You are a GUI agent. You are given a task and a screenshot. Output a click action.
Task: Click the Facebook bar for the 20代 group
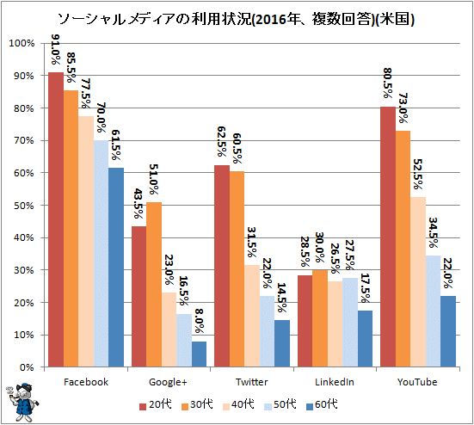(x=56, y=219)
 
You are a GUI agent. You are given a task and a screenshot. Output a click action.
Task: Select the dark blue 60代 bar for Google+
(x=199, y=354)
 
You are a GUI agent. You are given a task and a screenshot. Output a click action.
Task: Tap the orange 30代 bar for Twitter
(x=237, y=269)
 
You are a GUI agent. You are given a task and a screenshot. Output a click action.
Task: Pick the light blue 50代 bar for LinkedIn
(x=350, y=323)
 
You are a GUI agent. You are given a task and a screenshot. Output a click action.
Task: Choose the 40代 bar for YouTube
(x=418, y=282)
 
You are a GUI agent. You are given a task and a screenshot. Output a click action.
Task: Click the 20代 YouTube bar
(x=388, y=237)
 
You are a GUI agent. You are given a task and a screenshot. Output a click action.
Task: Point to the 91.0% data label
(x=55, y=49)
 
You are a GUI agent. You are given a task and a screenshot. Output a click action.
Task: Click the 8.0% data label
(x=199, y=321)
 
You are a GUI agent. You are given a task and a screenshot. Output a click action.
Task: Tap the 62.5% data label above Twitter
(x=222, y=141)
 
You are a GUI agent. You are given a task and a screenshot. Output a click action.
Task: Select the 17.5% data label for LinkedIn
(x=365, y=288)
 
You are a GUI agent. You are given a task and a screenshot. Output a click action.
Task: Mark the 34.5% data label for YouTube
(x=434, y=232)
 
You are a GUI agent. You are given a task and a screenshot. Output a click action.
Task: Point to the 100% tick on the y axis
(x=22, y=43)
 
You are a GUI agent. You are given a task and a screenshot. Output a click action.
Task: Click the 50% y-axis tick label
(x=24, y=206)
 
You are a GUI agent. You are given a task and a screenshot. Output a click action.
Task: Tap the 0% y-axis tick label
(x=27, y=367)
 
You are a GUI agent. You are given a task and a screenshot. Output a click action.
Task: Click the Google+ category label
(x=168, y=382)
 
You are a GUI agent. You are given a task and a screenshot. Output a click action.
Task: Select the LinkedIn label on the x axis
(x=335, y=382)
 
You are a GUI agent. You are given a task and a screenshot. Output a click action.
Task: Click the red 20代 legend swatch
(x=143, y=407)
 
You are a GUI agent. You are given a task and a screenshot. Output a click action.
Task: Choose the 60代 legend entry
(x=322, y=404)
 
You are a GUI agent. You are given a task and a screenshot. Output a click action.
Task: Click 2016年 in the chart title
(x=274, y=19)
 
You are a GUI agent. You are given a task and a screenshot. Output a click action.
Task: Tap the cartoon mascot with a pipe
(x=22, y=403)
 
